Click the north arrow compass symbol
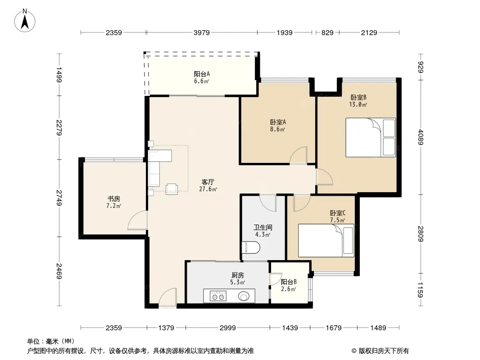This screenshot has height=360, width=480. (x=25, y=21)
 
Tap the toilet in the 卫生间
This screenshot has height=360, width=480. (x=251, y=247)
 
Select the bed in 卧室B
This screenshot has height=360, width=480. (x=371, y=138)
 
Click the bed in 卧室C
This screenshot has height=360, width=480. (x=326, y=240)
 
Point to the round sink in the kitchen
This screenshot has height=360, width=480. (x=244, y=296)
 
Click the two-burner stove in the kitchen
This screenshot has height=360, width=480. (x=218, y=296)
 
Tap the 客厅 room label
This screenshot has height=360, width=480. (x=208, y=182)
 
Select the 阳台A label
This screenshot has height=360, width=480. (x=202, y=74)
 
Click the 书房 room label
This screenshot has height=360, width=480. (x=113, y=199)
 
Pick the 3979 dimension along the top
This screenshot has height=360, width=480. (x=201, y=32)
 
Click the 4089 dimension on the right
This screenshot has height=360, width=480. (x=421, y=137)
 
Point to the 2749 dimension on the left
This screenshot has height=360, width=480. (x=59, y=198)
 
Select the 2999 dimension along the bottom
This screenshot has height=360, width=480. (x=228, y=328)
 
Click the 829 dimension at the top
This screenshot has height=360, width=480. (x=327, y=32)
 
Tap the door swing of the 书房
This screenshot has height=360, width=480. (x=137, y=220)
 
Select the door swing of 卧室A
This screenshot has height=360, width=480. (x=298, y=155)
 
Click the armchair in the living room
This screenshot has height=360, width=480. (x=172, y=189)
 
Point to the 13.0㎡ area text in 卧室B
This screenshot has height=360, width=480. (x=358, y=104)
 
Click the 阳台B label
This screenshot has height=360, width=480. (x=289, y=282)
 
